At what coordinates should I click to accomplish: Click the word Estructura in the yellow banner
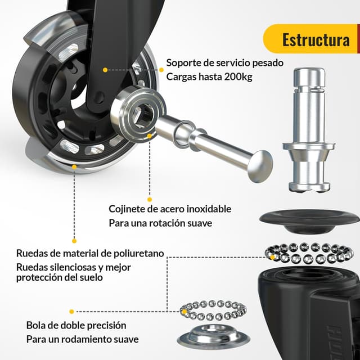coord(316,40)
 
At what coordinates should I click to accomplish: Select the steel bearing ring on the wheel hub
coord(138,112)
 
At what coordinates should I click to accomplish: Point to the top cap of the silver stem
coord(309,78)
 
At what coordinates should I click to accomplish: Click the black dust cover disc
coord(309,220)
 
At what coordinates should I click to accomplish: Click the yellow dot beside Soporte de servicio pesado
coord(161,70)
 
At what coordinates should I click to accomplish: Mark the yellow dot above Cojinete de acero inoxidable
coord(150,199)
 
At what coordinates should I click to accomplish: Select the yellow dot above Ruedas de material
coord(74,241)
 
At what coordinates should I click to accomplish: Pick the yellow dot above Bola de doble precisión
coord(71,312)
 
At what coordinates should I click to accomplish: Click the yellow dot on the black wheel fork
coord(105,70)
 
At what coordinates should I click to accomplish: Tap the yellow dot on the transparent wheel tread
coord(74,167)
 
